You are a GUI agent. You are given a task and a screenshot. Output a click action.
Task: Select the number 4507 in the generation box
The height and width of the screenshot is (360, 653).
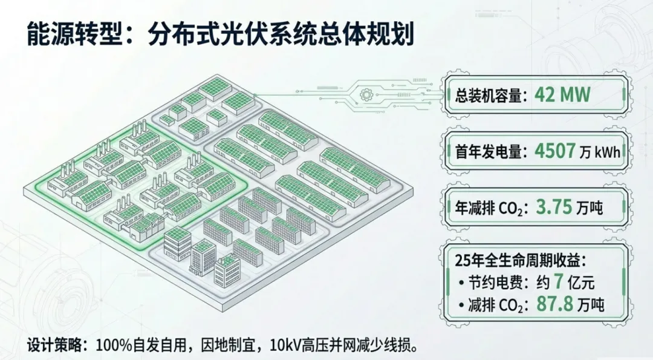pyautogui.click(x=554, y=151)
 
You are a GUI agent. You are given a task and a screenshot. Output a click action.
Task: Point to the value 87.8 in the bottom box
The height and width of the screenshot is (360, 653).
pyautogui.click(x=557, y=304)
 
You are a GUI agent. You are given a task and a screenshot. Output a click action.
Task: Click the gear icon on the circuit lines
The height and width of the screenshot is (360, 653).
pyautogui.click(x=365, y=94)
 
